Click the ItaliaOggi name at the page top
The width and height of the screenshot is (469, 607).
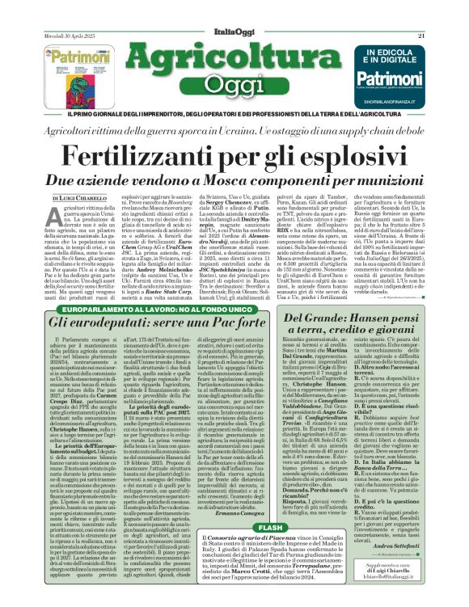(234, 9)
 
